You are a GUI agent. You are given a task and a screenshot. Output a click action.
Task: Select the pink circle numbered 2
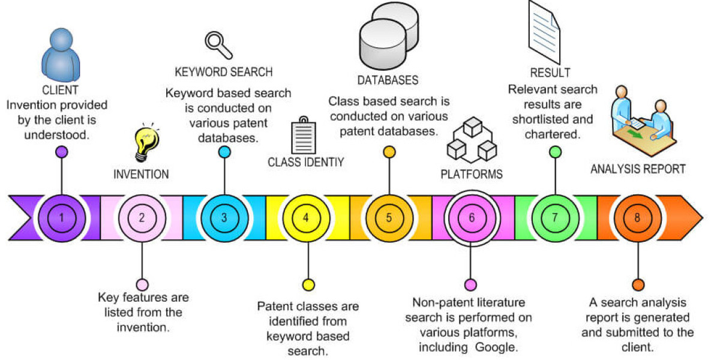pyautogui.click(x=142, y=217)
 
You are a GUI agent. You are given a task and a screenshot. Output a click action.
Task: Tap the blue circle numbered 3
pyautogui.click(x=224, y=217)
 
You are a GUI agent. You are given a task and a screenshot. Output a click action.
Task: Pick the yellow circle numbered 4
pyautogui.click(x=307, y=217)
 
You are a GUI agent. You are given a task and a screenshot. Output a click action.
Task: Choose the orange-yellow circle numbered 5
pyautogui.click(x=389, y=217)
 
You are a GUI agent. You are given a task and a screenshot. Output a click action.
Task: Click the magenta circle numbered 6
pyautogui.click(x=471, y=217)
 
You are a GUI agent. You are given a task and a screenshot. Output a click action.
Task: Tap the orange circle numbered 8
pyautogui.click(x=637, y=217)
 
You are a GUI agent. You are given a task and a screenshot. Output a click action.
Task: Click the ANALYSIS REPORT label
pyautogui.click(x=638, y=169)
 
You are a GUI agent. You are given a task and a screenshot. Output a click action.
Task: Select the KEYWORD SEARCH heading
pyautogui.click(x=224, y=72)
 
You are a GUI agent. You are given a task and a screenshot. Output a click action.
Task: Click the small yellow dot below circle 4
pyautogui.click(x=308, y=284)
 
